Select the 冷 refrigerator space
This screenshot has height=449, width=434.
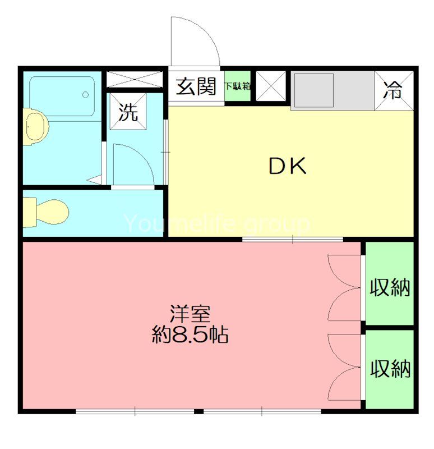395,88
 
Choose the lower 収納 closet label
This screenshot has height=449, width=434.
390,369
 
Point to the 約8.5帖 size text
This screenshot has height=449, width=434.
190,335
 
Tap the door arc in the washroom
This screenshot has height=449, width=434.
132,163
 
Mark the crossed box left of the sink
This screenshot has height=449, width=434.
271,86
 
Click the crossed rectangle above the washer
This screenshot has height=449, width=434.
135,79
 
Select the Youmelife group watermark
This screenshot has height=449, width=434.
216,224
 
